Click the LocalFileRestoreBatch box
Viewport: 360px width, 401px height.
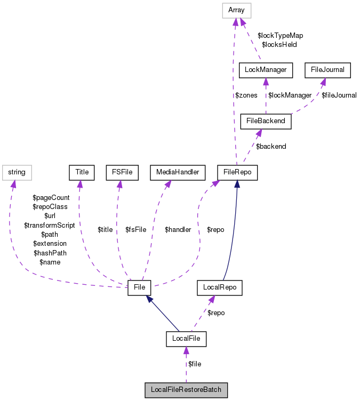[186, 390]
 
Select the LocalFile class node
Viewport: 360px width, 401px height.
[186, 338]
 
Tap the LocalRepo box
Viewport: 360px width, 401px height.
[220, 287]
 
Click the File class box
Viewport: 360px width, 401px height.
[140, 287]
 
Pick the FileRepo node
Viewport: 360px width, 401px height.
[237, 172]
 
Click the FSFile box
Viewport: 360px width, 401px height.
[122, 172]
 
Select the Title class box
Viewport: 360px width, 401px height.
[82, 172]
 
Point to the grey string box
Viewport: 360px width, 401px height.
[17, 172]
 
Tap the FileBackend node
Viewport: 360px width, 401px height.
[266, 121]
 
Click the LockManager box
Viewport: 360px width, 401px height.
[266, 69]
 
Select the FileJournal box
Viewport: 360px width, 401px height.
[327, 69]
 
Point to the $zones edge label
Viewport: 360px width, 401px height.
[246, 95]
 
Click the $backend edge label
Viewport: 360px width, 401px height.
[271, 146]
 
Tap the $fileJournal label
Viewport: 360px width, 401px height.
[339, 95]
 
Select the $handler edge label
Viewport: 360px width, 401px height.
[178, 230]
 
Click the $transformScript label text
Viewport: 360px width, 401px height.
[50, 225]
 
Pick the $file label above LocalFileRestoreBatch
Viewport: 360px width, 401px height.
[195, 364]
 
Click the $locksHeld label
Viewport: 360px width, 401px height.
[279, 44]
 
